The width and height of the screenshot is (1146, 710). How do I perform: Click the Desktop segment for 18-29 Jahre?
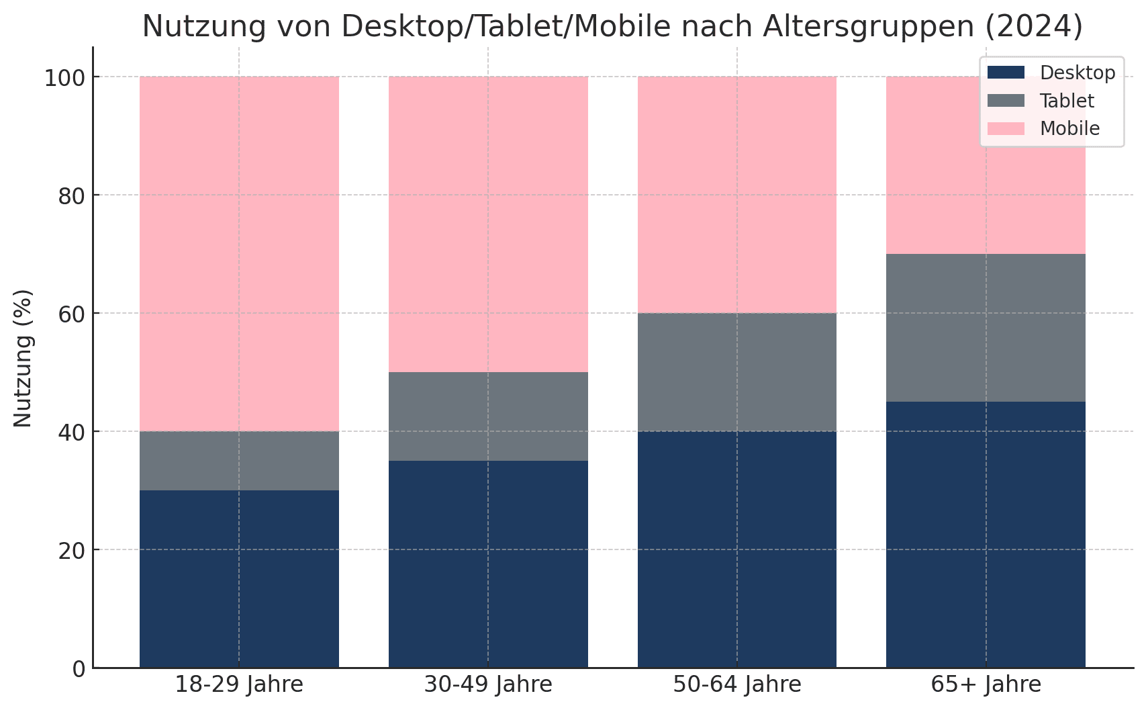[x=239, y=578]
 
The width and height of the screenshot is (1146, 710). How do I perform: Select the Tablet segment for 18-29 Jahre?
[x=239, y=460]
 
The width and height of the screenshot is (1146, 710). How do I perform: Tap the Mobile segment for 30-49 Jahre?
[x=488, y=224]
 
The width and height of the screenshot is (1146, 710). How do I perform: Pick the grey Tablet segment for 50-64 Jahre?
[x=736, y=371]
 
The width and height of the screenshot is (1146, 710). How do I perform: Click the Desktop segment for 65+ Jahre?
[x=986, y=534]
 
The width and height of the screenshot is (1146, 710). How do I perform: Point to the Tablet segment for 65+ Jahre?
[x=986, y=327]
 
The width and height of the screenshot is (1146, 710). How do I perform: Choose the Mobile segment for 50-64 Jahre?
[x=736, y=194]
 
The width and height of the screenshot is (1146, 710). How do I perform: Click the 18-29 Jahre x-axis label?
[x=239, y=685]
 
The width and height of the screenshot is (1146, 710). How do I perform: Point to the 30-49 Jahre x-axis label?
[x=488, y=685]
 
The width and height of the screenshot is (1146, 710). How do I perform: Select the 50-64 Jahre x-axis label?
[x=736, y=685]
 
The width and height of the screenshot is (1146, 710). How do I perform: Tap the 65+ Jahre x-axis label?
[x=986, y=685]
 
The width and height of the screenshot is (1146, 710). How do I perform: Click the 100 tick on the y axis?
[x=64, y=78]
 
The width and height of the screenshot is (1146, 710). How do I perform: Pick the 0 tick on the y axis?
[x=79, y=669]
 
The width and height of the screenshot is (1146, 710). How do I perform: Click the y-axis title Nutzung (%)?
[x=23, y=358]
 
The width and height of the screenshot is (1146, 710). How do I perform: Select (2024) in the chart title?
[x=1035, y=27]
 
